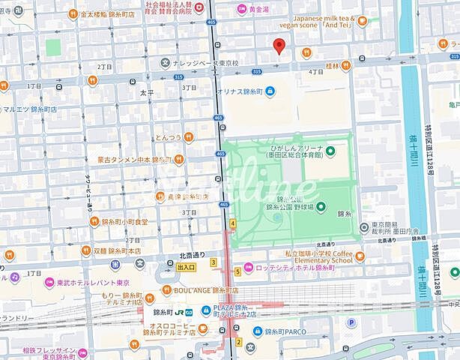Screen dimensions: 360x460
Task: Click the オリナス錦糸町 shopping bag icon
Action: click(x=270, y=92)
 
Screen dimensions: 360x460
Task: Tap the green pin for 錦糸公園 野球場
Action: click(x=320, y=206)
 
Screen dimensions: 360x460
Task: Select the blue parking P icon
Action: click(x=350, y=322)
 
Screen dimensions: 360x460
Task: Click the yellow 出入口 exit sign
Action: click(x=185, y=267)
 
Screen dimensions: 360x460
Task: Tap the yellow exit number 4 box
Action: click(x=233, y=223)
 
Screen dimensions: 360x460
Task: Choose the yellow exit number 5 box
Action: click(x=237, y=271)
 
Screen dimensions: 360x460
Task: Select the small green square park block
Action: click(x=52, y=47)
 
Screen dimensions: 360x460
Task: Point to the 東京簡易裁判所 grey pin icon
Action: click(x=364, y=226)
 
